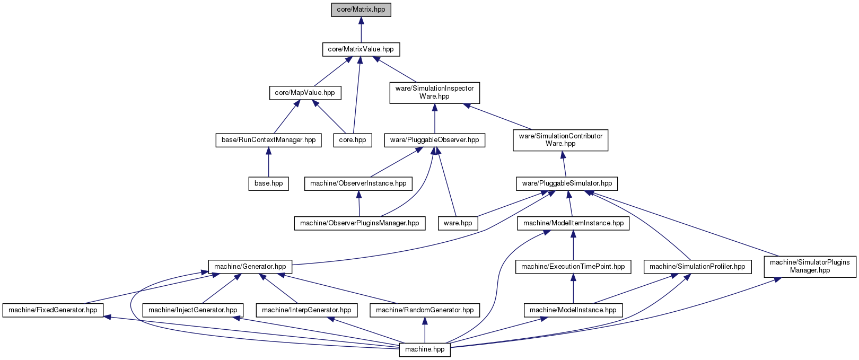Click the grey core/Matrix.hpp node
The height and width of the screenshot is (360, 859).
click(x=361, y=10)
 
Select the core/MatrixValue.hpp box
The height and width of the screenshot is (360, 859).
click(x=361, y=49)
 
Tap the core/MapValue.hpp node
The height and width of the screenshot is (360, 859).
click(x=305, y=93)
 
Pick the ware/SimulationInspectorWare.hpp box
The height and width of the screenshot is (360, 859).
click(x=434, y=92)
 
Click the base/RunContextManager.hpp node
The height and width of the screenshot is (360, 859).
click(x=268, y=140)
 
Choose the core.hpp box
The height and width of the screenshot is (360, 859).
click(x=353, y=140)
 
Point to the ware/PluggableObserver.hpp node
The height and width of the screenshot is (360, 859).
click(x=434, y=140)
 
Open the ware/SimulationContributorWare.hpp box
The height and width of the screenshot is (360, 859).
click(x=560, y=140)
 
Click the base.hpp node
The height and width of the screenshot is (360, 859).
click(x=268, y=183)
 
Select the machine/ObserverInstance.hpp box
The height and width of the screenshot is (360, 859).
click(x=358, y=183)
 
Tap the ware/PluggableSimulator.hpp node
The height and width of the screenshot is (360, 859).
click(x=567, y=183)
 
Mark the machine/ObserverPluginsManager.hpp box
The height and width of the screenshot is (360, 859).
click(x=360, y=223)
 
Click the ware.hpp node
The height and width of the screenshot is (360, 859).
click(x=458, y=223)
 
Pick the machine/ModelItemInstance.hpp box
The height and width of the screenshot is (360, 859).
click(x=573, y=223)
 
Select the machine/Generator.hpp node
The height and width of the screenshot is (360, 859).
click(x=250, y=267)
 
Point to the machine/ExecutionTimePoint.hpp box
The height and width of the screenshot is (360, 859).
click(x=573, y=267)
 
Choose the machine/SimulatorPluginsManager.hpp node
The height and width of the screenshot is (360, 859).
click(x=810, y=267)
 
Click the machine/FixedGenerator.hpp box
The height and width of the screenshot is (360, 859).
click(x=53, y=310)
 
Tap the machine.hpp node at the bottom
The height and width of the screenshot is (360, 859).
click(x=425, y=349)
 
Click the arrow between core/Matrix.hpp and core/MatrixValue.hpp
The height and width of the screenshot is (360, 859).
click(x=361, y=30)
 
